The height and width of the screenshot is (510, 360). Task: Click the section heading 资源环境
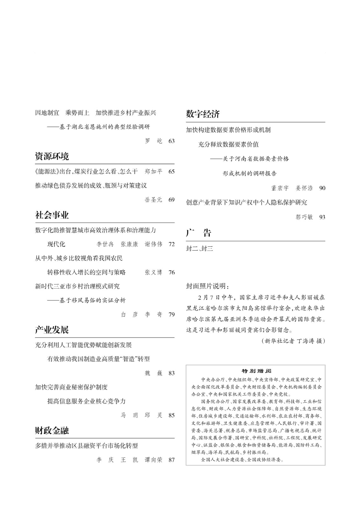pos(52,157)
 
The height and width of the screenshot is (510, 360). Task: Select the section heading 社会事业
pos(52,215)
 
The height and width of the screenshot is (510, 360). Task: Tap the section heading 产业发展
pos(52,330)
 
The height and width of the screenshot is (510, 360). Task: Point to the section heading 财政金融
pos(52,431)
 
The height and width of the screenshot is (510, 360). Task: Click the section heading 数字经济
pos(203,114)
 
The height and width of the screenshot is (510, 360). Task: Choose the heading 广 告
pos(198,233)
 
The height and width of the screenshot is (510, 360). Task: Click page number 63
pos(171,141)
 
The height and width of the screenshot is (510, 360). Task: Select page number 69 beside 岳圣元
pos(171,200)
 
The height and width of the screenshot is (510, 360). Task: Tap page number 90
pos(322,188)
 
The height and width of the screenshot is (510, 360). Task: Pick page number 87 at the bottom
pos(171,460)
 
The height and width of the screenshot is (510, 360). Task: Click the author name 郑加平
pos(154,171)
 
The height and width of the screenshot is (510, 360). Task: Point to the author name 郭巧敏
pos(304,217)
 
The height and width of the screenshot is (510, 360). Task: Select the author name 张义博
pos(154,272)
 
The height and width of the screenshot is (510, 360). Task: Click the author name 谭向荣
pos(154,460)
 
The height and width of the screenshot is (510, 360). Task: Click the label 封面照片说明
pos(207,286)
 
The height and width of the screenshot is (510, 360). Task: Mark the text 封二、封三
pos(199,249)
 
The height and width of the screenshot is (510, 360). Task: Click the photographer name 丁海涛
pos(305,341)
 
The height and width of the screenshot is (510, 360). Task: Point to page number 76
pos(171,272)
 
